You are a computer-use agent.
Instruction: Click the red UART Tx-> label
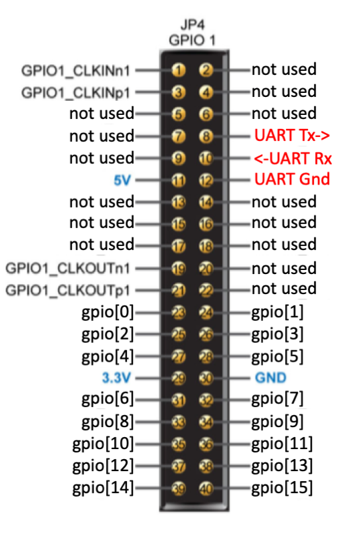coord(292,135)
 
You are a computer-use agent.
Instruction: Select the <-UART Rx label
coord(293,158)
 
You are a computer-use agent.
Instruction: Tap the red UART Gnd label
coord(292,179)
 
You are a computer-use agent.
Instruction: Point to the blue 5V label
coord(122,180)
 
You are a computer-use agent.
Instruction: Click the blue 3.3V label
coord(116,378)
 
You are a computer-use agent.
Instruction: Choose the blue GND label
coord(271,378)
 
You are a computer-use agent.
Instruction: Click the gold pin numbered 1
coord(178,70)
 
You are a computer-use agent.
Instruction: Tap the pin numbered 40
coord(206,489)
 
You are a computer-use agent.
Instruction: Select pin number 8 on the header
coord(206,136)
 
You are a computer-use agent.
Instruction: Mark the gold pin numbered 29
coord(178,378)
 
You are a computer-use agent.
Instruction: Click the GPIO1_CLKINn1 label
coord(75,71)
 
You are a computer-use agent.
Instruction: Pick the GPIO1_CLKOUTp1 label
coord(67,291)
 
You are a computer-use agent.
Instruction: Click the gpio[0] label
coord(108,312)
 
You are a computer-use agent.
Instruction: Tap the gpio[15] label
coord(282,488)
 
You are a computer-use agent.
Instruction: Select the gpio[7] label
coord(277,399)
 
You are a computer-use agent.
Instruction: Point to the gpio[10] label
coord(103,444)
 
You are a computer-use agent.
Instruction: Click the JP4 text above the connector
coord(192,25)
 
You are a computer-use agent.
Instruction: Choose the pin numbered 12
coord(206,180)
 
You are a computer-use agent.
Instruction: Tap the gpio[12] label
coord(103,466)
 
